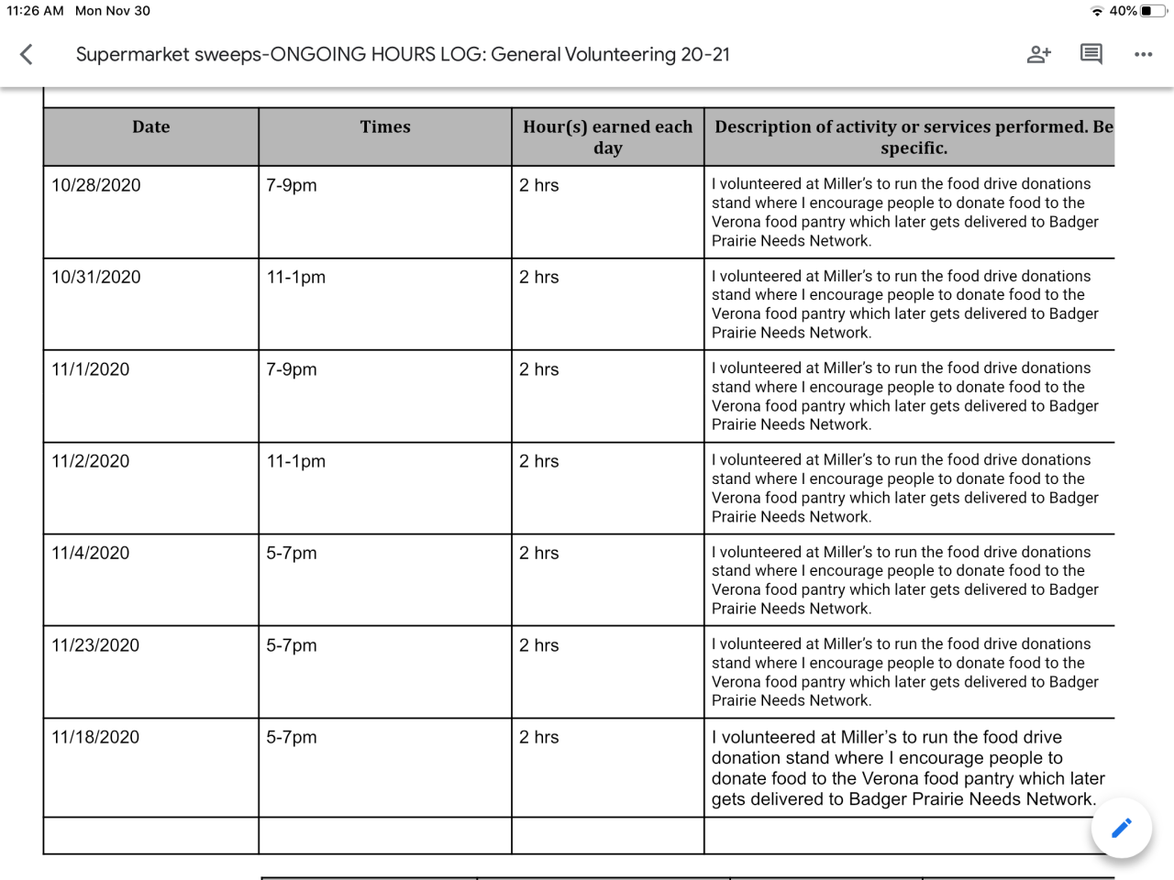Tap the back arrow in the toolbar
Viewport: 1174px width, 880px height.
pos(27,54)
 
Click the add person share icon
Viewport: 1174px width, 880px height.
pos(1038,54)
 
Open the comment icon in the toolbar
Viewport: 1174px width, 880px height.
pos(1091,54)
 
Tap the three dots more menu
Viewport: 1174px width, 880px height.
pos(1143,54)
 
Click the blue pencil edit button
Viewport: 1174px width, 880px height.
pos(1121,828)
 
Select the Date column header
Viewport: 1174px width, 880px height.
pos(150,127)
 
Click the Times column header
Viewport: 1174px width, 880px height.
pos(385,127)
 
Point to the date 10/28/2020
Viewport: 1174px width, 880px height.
pos(96,185)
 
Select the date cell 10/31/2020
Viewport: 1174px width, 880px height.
pos(96,277)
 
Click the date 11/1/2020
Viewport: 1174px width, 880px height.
pos(91,369)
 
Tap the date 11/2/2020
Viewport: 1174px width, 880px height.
pos(91,461)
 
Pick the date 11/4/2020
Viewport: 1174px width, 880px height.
pos(91,553)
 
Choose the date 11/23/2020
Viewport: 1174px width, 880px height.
pos(95,645)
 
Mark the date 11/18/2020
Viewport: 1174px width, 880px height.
pos(95,737)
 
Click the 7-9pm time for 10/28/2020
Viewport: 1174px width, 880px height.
pos(292,185)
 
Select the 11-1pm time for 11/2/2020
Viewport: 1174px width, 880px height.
pos(295,461)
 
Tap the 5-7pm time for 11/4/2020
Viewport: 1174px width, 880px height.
pos(292,553)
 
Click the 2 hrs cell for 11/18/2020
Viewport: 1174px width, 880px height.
pos(539,737)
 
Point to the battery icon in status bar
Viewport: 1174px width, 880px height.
pos(1153,11)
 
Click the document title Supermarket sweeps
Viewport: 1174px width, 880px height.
pos(403,54)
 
